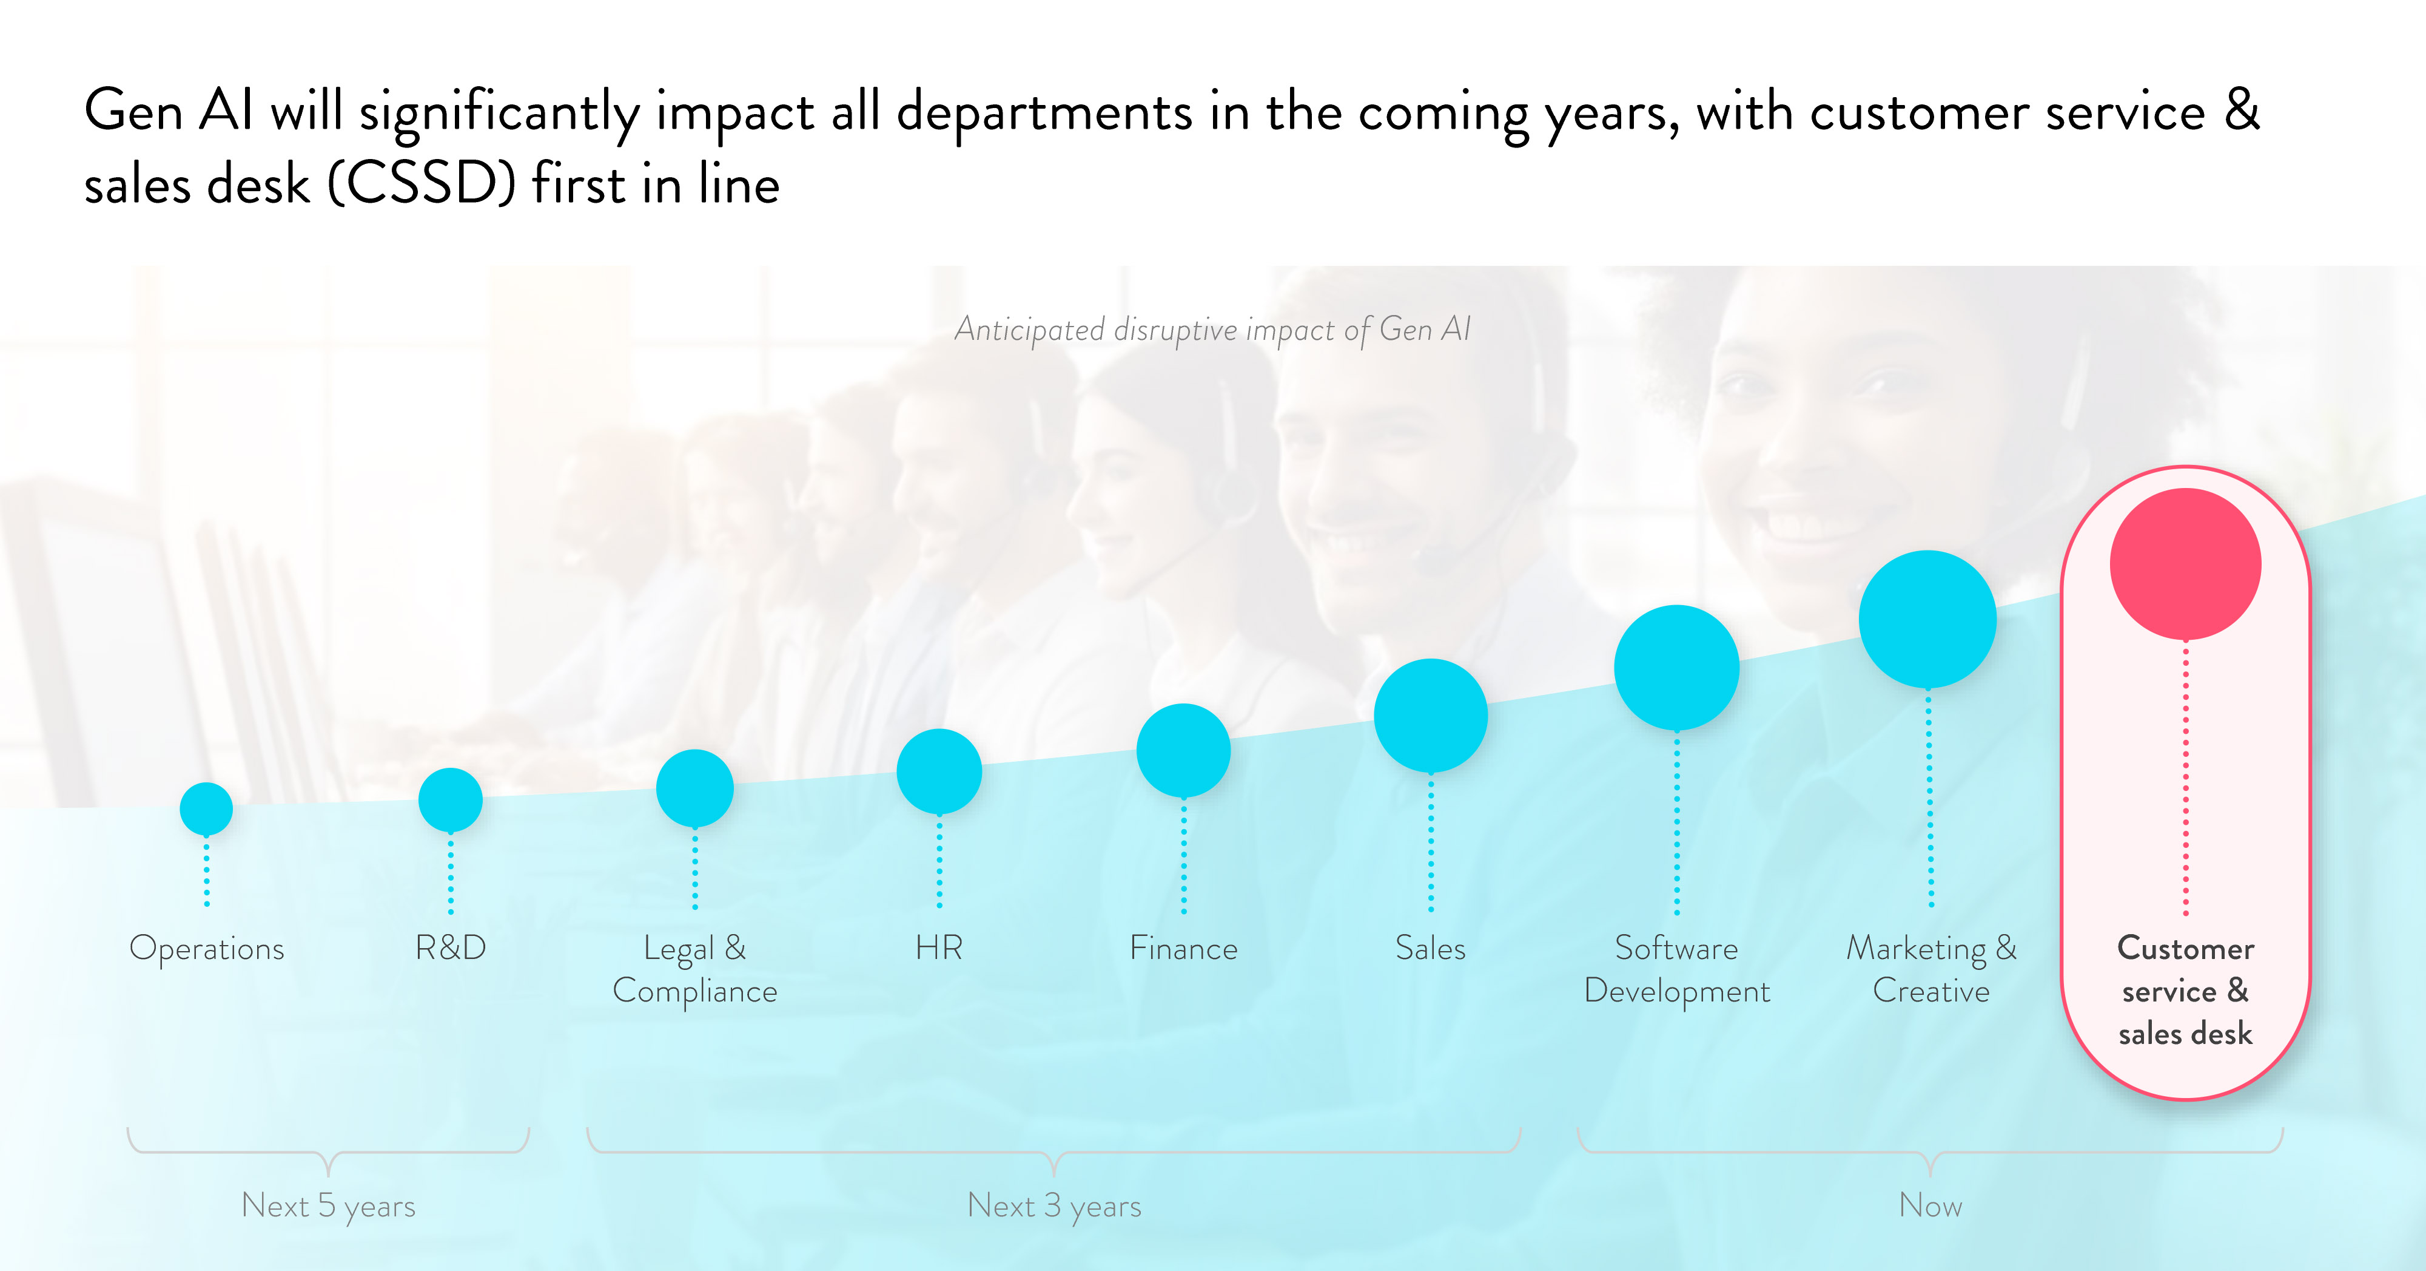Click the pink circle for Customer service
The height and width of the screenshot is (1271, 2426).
[2185, 563]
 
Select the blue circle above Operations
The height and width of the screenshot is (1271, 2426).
[206, 808]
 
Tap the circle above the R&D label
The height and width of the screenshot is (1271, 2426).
[450, 800]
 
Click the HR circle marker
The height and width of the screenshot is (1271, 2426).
[939, 771]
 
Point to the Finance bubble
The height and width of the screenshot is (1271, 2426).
[1184, 750]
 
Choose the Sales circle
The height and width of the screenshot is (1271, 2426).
[1431, 715]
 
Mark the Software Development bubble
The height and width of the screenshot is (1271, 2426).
[1676, 667]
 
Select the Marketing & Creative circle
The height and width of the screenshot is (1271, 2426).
[1928, 619]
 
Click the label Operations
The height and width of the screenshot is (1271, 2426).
[206, 948]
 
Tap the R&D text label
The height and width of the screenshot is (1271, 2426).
[450, 947]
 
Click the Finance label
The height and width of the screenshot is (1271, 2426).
[1184, 948]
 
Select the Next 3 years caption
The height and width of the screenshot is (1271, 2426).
[1054, 1205]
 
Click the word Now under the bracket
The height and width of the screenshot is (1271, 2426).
[1930, 1205]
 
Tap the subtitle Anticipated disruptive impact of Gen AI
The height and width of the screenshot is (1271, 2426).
[1212, 330]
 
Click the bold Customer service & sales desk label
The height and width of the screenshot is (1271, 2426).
[2185, 990]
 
